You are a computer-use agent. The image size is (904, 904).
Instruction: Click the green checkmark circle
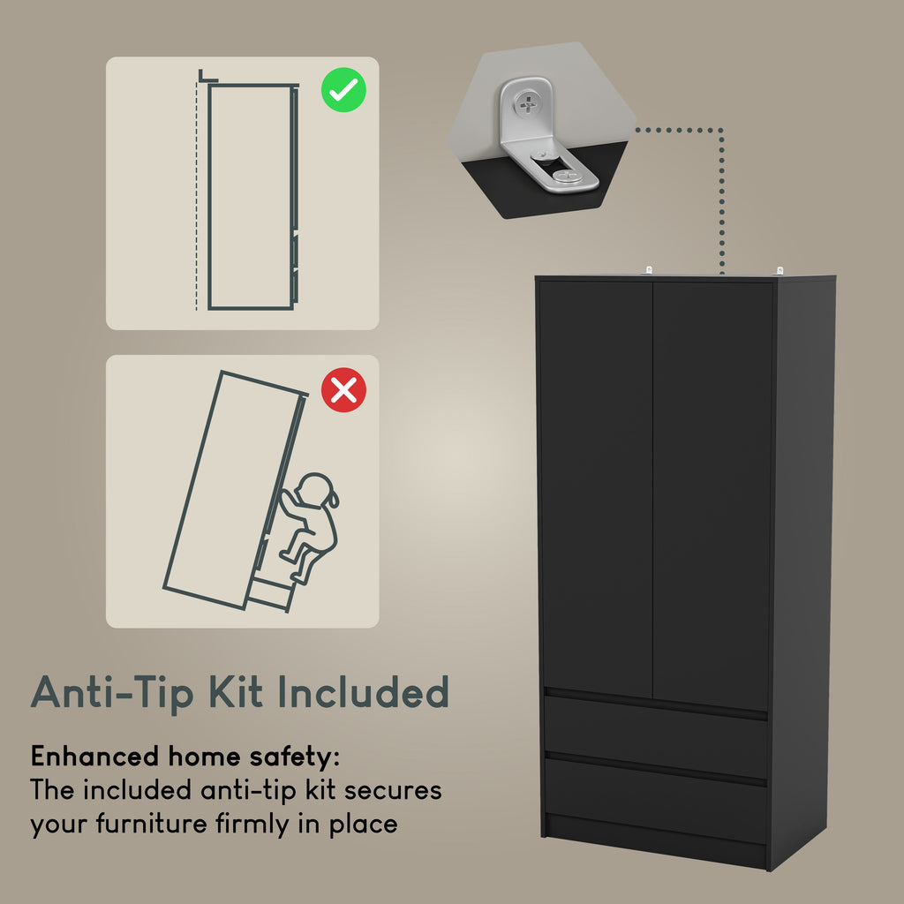(x=343, y=90)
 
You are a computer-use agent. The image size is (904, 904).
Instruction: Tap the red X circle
(x=343, y=390)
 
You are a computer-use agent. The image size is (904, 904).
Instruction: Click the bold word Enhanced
(x=94, y=756)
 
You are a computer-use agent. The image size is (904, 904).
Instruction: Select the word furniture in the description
(x=152, y=823)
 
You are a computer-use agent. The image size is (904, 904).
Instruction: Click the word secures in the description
(x=393, y=791)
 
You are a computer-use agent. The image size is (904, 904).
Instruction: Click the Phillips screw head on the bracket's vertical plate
(x=527, y=104)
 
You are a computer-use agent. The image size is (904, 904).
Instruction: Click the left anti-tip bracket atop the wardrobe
(x=649, y=270)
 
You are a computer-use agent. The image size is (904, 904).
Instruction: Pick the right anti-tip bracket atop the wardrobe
(x=780, y=270)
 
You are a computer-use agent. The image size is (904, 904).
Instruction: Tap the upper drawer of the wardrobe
(x=656, y=736)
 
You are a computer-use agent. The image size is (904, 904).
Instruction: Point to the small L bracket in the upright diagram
(x=207, y=76)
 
